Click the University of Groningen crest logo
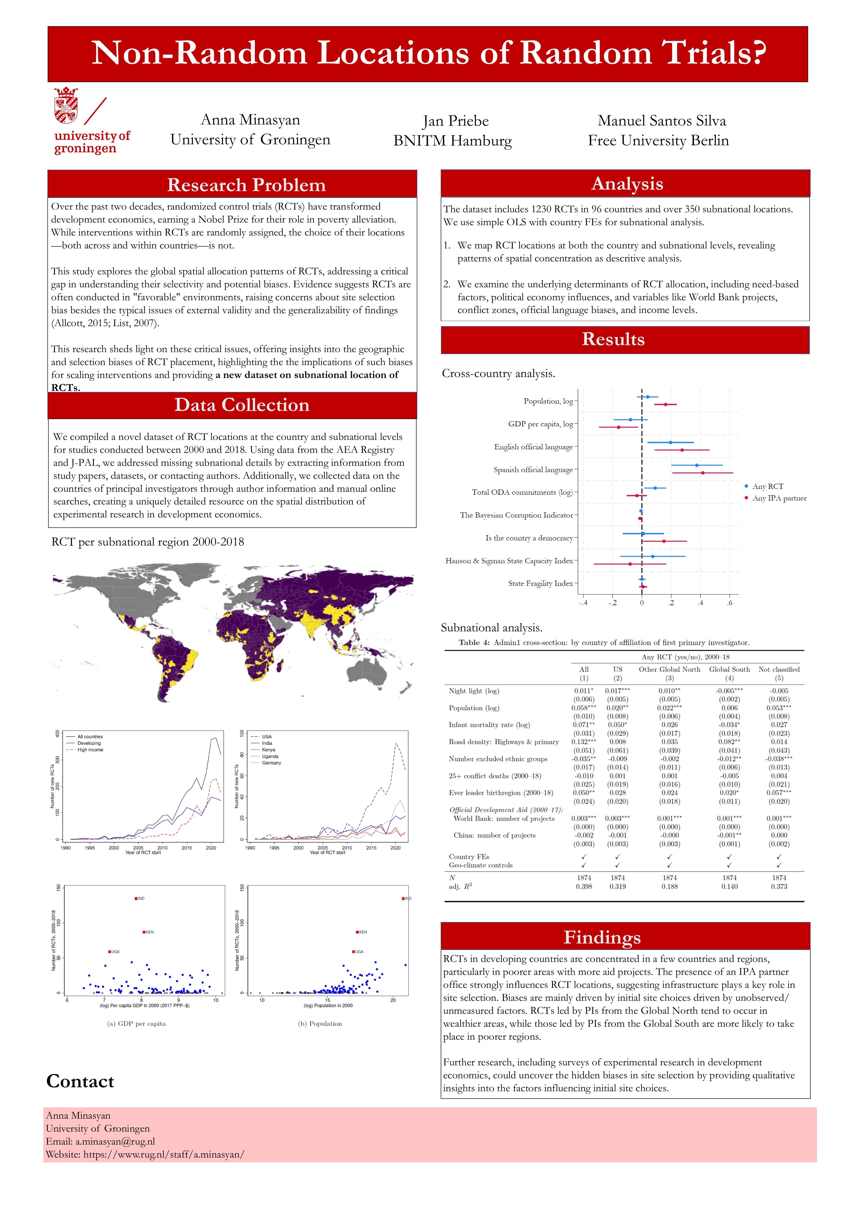click(66, 105)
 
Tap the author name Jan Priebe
click(456, 121)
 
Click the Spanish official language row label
click(533, 469)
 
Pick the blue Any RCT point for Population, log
click(648, 397)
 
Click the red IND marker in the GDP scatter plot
click(136, 898)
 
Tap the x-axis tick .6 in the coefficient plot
click(729, 603)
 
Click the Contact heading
click(80, 1081)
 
